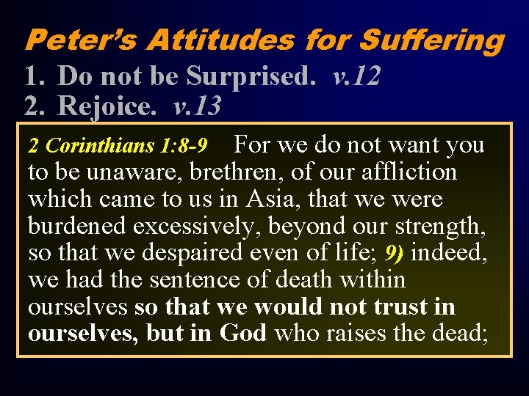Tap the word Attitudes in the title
coord(220,40)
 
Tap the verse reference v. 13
coord(196,106)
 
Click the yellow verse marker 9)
coord(395,253)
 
